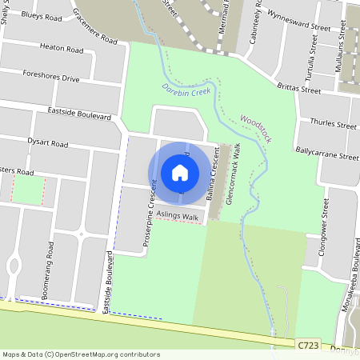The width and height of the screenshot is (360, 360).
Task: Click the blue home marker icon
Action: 180,172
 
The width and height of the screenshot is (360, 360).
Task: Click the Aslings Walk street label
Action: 178,217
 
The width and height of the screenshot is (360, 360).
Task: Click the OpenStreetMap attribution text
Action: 81,354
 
